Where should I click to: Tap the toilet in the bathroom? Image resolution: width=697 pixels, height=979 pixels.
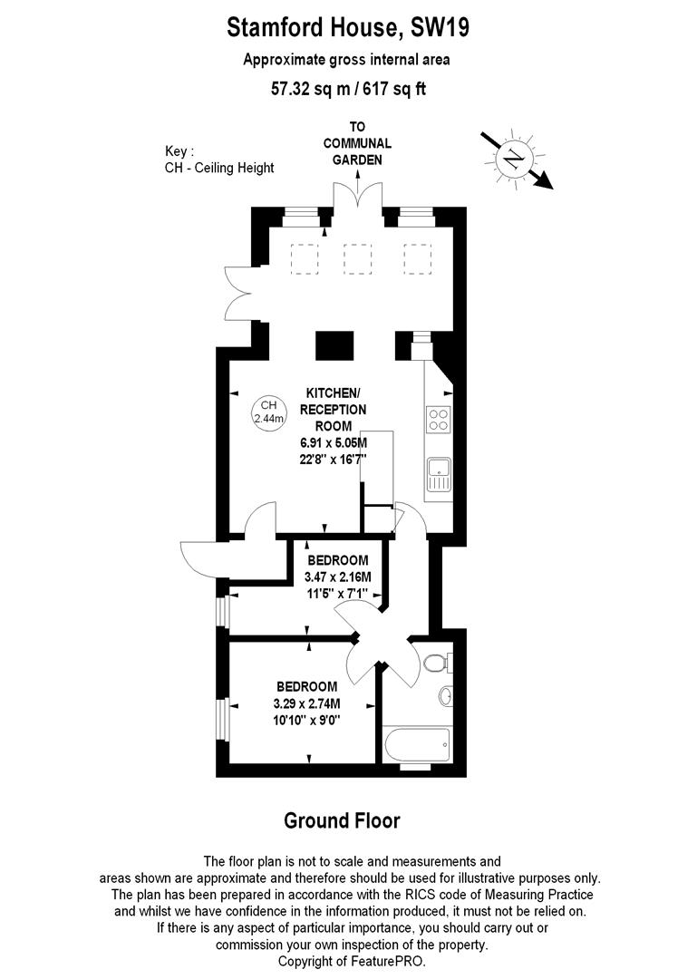[434, 663]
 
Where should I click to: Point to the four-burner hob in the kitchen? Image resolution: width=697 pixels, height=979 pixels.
[439, 421]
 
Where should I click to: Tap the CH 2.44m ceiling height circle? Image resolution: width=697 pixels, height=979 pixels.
[268, 412]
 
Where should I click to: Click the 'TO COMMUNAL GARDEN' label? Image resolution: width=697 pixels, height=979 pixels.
[358, 143]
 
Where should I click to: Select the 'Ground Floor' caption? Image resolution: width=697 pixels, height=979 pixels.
[342, 821]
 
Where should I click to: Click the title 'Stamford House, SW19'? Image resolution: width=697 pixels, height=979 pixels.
[348, 28]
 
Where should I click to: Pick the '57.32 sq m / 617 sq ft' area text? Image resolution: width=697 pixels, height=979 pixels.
[348, 89]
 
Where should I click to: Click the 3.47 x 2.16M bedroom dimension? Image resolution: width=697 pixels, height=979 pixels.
[336, 577]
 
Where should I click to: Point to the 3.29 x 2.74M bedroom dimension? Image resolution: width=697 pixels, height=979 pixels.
[306, 703]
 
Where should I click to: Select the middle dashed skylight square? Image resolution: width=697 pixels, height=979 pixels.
[358, 259]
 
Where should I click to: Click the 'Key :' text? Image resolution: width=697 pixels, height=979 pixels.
[179, 151]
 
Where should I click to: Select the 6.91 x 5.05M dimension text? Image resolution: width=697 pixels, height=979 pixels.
[334, 442]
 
